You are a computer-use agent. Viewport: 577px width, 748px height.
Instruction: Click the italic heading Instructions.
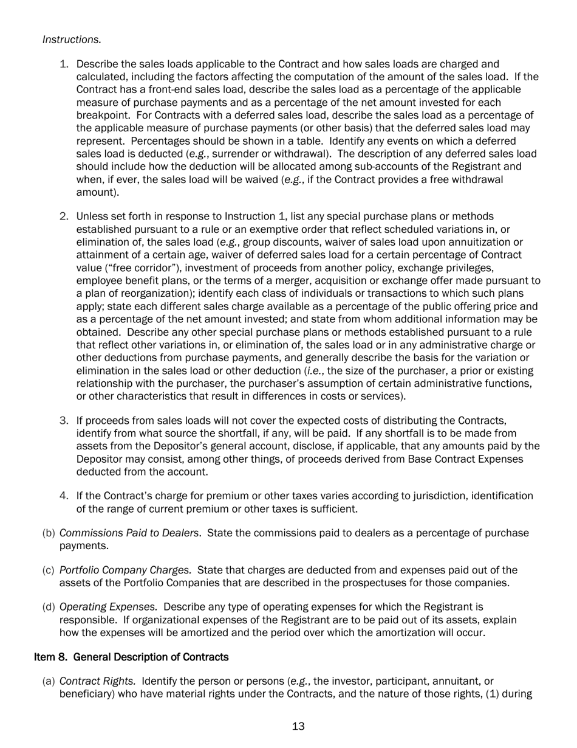[72, 40]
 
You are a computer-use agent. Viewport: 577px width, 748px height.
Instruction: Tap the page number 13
[298, 726]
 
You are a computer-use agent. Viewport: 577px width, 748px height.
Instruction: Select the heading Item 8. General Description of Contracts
[131, 657]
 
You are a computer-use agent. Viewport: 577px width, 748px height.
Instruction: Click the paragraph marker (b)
[49, 533]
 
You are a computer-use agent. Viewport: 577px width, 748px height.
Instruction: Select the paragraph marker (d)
[49, 606]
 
